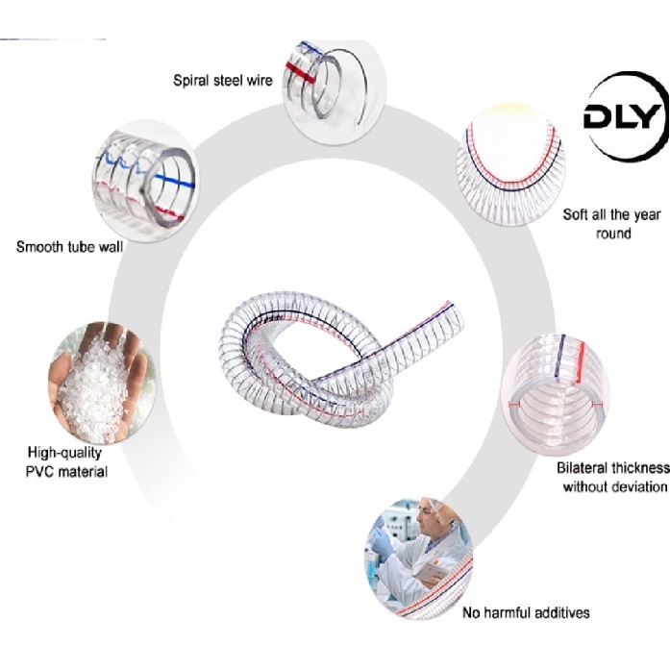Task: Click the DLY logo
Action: tap(623, 119)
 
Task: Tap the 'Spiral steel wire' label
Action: tap(223, 80)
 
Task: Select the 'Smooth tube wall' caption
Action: tap(69, 247)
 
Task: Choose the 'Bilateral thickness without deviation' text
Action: tap(613, 477)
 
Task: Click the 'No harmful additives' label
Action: tap(526, 612)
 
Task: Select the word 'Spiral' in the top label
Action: tap(193, 80)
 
